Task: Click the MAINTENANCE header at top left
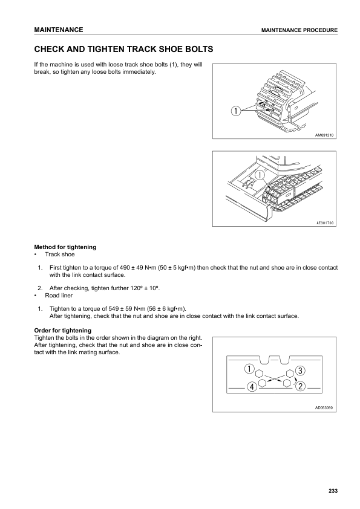pyautogui.click(x=59, y=30)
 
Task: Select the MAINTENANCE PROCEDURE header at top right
pyautogui.click(x=299, y=30)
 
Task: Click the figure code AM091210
pyautogui.click(x=324, y=135)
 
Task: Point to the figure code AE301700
pyautogui.click(x=324, y=223)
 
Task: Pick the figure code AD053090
pyautogui.click(x=324, y=407)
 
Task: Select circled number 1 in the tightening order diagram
pyautogui.click(x=249, y=369)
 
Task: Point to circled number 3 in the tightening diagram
pyautogui.click(x=300, y=369)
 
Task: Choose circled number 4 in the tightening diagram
pyautogui.click(x=250, y=387)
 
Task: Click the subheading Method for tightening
pyautogui.click(x=65, y=247)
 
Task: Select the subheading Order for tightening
pyautogui.click(x=63, y=330)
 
